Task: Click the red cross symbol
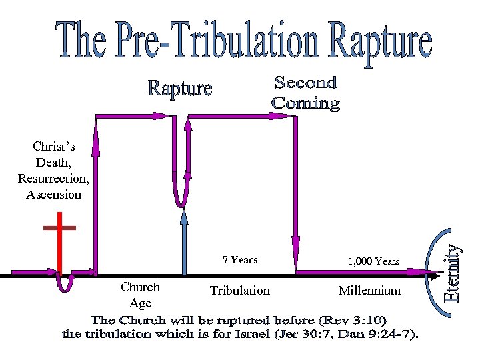[x=59, y=240]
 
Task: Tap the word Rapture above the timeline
[x=179, y=89]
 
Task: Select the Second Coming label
[x=306, y=93]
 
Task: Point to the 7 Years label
[x=240, y=260]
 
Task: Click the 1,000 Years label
[x=373, y=261]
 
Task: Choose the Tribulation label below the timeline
[x=240, y=291]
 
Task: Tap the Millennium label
[x=369, y=291]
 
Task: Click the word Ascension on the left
[x=53, y=195]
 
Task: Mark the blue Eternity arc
[x=439, y=267]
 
